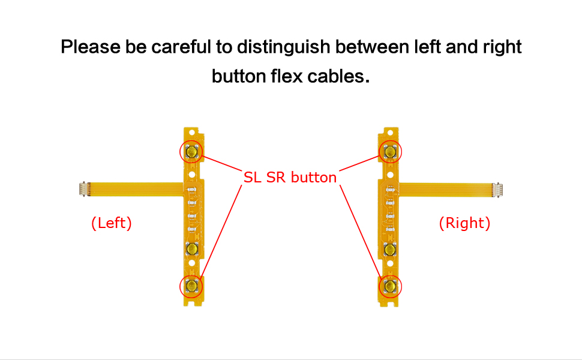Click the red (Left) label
[111, 223]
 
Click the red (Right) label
[464, 223]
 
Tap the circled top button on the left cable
[192, 152]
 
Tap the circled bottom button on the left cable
[192, 286]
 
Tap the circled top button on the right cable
[390, 152]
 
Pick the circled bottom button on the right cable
[390, 286]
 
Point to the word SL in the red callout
[252, 178]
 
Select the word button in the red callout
[313, 178]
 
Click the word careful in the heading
[181, 47]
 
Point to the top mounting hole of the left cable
[192, 131]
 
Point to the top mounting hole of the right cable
[390, 131]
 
